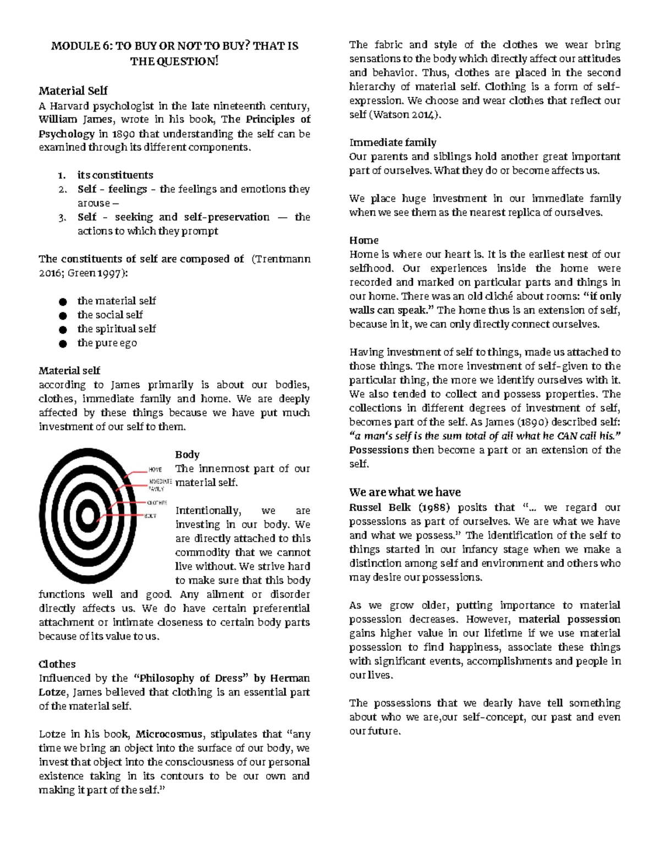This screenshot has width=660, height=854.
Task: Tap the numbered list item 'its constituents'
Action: pyautogui.click(x=115, y=175)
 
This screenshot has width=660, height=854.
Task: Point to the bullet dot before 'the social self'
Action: pyautogui.click(x=63, y=316)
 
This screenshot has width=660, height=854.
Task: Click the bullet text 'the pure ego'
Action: pyautogui.click(x=107, y=343)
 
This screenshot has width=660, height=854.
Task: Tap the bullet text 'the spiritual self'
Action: pyautogui.click(x=116, y=329)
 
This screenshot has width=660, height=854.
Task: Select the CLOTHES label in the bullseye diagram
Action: pyautogui.click(x=156, y=503)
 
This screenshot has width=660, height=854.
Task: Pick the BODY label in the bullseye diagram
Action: pyautogui.click(x=150, y=516)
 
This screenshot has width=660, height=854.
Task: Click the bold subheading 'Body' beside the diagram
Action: pyautogui.click(x=187, y=454)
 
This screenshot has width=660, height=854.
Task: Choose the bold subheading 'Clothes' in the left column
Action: pyautogui.click(x=57, y=664)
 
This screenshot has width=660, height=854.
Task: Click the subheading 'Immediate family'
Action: pyautogui.click(x=393, y=142)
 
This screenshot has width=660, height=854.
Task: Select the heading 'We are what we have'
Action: pyautogui.click(x=405, y=492)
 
